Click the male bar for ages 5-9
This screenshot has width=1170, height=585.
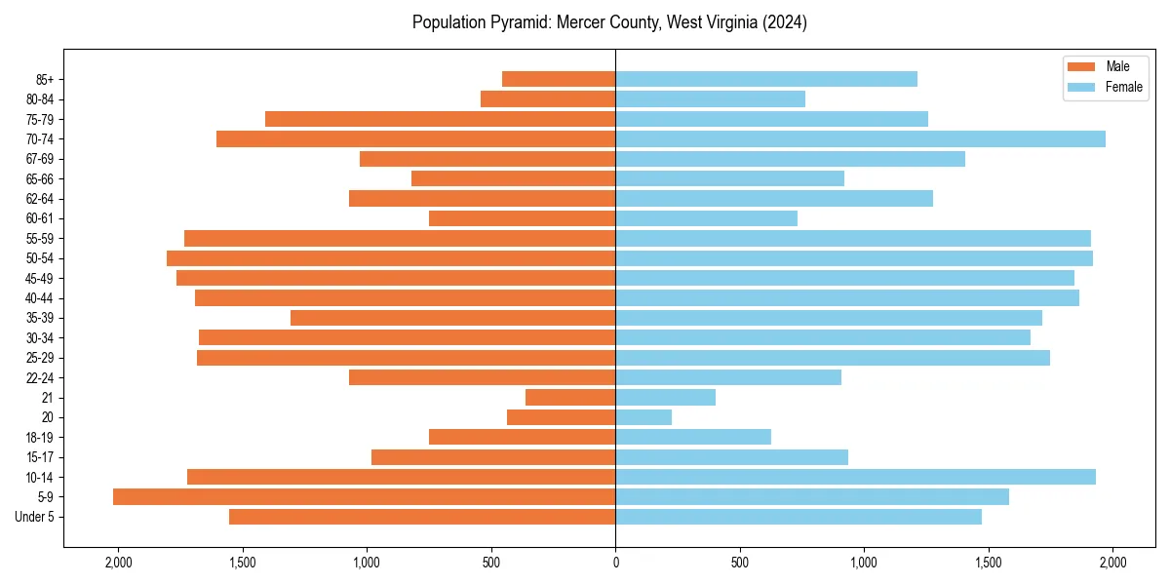[x=364, y=497]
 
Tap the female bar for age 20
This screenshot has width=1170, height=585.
[x=643, y=417]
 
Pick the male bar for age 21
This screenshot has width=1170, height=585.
[x=570, y=398]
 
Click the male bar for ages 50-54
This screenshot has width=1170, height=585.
[x=391, y=258]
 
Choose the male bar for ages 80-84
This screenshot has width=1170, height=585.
[x=548, y=99]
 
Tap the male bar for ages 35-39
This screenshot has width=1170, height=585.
[x=452, y=318]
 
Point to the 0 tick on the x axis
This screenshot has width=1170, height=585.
[x=615, y=563]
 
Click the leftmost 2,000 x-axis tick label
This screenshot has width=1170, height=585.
[x=118, y=563]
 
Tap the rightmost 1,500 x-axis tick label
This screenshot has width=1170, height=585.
[x=989, y=563]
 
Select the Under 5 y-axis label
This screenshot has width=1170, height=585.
[x=34, y=517]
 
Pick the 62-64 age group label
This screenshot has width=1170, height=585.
[x=40, y=199]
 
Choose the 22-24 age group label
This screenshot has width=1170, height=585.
[x=40, y=378]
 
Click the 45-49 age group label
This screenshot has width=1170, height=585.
[x=40, y=278]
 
